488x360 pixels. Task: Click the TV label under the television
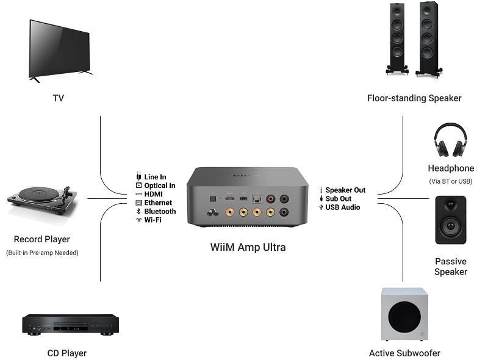[58, 98]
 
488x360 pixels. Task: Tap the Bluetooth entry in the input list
[160, 211]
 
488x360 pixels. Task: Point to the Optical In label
[159, 185]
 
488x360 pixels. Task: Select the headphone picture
[451, 141]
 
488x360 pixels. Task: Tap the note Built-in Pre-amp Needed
[42, 253]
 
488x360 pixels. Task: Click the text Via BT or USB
[451, 181]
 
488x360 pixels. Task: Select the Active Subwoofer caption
[404, 353]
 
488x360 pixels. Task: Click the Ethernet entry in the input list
[158, 203]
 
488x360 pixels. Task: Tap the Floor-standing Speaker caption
[414, 98]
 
